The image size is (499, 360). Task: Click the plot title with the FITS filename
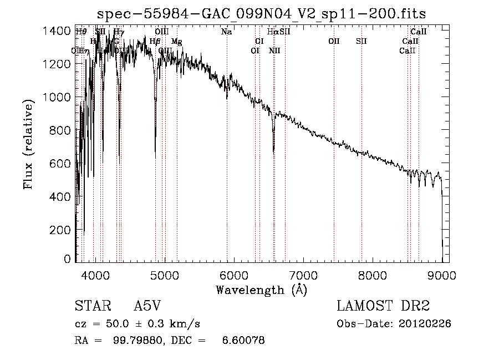click(x=262, y=13)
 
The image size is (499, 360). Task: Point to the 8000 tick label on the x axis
click(x=373, y=275)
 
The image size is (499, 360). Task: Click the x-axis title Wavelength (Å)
click(x=261, y=290)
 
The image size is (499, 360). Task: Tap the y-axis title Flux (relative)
click(x=28, y=144)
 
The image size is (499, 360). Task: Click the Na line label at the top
click(x=226, y=32)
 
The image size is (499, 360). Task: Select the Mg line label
click(x=176, y=42)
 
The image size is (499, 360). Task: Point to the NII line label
click(x=274, y=50)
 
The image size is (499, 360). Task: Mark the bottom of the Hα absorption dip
click(x=273, y=151)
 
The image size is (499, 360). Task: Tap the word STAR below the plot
click(x=91, y=306)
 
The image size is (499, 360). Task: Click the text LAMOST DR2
click(x=383, y=306)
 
